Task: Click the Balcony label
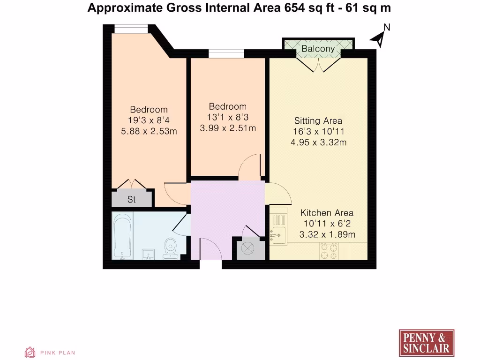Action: click(318, 49)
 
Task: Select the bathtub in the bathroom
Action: click(123, 235)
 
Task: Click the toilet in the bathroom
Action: click(170, 248)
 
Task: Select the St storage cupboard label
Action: click(132, 200)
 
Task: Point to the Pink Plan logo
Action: click(50, 352)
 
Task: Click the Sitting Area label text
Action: click(318, 121)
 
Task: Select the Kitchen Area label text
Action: click(327, 213)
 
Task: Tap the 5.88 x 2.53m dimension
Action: click(149, 131)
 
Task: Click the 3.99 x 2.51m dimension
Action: click(228, 127)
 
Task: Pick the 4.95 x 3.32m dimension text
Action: click(318, 142)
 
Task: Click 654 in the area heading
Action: click(293, 7)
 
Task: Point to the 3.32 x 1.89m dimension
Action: click(327, 234)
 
